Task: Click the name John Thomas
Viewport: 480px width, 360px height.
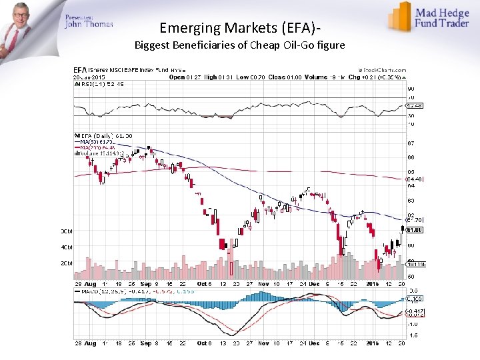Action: point(89,24)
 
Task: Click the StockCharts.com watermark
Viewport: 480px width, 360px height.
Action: point(383,69)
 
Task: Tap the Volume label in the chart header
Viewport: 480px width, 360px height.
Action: point(315,77)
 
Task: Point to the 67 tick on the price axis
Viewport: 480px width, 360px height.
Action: point(411,143)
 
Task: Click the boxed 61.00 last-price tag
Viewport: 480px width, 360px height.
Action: point(415,230)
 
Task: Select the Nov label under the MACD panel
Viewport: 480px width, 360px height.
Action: point(263,344)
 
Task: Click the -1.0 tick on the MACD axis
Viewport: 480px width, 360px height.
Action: point(413,323)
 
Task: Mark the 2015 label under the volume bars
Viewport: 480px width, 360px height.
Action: point(372,284)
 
